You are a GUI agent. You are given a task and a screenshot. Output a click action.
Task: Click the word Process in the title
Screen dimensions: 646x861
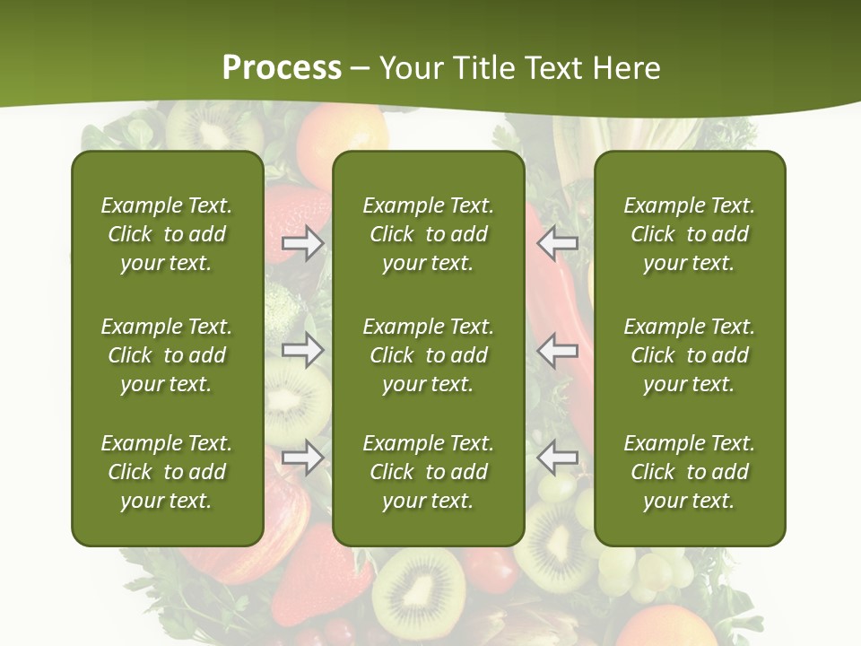pyautogui.click(x=282, y=68)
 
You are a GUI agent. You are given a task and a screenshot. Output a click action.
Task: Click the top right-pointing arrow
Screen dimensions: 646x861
pyautogui.click(x=302, y=243)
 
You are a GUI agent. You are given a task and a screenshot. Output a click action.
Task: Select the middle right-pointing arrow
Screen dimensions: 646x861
pyautogui.click(x=302, y=350)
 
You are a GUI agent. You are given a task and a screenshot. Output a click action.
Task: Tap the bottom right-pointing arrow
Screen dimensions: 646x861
pyautogui.click(x=302, y=458)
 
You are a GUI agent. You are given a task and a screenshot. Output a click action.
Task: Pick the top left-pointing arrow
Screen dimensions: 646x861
pyautogui.click(x=558, y=243)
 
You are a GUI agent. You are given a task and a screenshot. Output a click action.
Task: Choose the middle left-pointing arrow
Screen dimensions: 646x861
pyautogui.click(x=558, y=350)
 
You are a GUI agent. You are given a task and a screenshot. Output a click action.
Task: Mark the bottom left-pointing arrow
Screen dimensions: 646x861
pyautogui.click(x=558, y=458)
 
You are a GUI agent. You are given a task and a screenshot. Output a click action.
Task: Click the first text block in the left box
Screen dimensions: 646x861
pyautogui.click(x=167, y=234)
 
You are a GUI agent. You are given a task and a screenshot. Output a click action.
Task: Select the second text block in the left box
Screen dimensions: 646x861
pyautogui.click(x=167, y=355)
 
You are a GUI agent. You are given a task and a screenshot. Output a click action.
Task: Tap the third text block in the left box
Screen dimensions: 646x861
pyautogui.click(x=167, y=472)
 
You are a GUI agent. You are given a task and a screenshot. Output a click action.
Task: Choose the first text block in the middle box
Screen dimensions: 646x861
pyautogui.click(x=429, y=234)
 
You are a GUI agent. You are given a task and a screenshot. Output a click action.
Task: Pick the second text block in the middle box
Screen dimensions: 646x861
pyautogui.click(x=429, y=355)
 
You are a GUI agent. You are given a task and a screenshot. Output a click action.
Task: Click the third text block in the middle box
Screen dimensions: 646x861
pyautogui.click(x=429, y=472)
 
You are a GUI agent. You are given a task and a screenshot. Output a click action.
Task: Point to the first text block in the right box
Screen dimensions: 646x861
pyautogui.click(x=690, y=234)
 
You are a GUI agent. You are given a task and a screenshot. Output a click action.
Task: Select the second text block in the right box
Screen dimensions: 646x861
pyautogui.click(x=690, y=355)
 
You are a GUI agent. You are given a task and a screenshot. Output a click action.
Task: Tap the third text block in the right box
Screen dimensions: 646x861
pyautogui.click(x=690, y=472)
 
